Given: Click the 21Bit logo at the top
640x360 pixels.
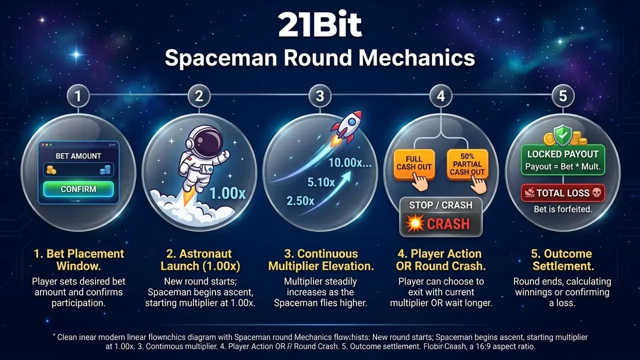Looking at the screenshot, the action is pos(320,25).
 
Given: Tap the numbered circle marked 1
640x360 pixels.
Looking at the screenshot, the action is pos(78,96).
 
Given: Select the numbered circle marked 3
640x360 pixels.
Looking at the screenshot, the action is pos(320,96).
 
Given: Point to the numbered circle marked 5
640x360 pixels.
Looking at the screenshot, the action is pos(562,96).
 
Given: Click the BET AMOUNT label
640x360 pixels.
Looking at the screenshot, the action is pos(78,156).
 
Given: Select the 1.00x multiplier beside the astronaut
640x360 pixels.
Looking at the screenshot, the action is pos(227,193).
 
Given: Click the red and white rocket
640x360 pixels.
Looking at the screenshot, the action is pos(347,127).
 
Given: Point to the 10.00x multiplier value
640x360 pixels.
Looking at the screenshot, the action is pos(350,162).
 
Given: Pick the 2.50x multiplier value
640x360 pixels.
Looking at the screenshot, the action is pos(300,201).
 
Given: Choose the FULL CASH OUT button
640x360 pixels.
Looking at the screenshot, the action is pos(414,163).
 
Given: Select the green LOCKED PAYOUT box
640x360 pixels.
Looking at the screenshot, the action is pos(563,160).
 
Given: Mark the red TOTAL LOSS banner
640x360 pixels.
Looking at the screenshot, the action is pos(563,193).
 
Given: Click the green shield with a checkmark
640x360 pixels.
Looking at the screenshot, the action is pos(562,135).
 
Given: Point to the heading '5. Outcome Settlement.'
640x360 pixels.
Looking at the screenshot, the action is pos(562,259).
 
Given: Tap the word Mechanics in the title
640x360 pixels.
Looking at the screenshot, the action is pos(416,58).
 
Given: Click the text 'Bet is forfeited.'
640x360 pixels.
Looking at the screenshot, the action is pos(563,209).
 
